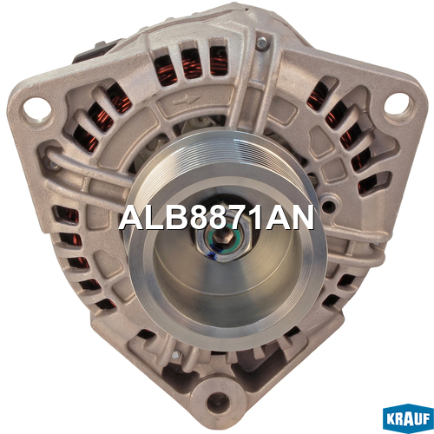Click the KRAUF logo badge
[x=408, y=418]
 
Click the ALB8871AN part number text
[x=216, y=217]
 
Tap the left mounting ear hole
[x=36, y=109]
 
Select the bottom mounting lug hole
[x=218, y=401]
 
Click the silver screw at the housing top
[x=262, y=43]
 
